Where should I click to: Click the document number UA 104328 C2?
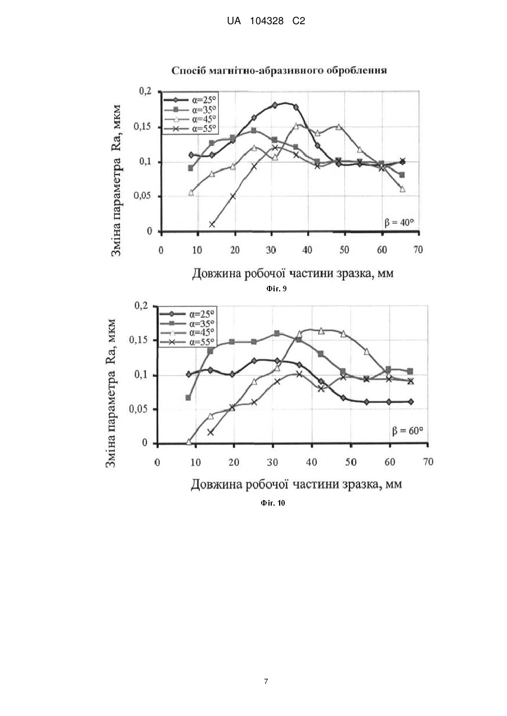(266, 21)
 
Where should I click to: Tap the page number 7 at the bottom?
(266, 681)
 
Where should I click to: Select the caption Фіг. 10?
(273, 503)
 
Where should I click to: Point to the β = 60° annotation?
(407, 431)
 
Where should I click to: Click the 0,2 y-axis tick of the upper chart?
(145, 92)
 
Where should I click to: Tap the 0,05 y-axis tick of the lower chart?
(138, 409)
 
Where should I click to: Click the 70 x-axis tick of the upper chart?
(418, 250)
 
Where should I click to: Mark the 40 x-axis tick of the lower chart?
(312, 462)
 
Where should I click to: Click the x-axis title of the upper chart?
(293, 273)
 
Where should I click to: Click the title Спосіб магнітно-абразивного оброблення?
(279, 70)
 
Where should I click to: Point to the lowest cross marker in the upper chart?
(212, 224)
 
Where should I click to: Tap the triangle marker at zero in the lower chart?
(189, 442)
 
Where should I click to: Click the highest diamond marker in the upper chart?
(275, 105)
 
